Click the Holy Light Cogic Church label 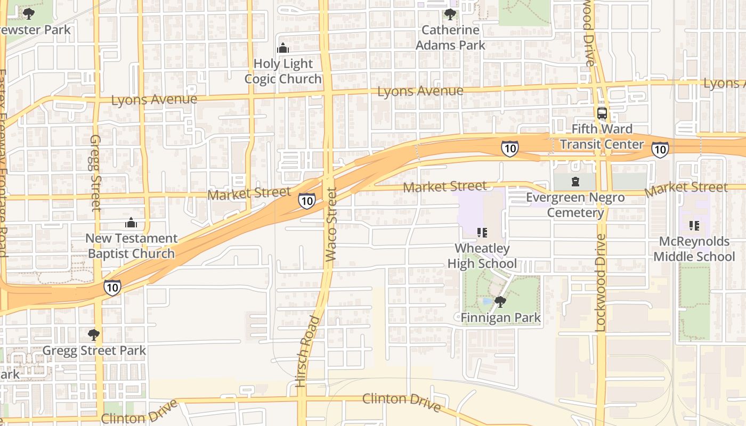[x=283, y=71]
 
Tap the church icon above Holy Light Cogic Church [x=283, y=48]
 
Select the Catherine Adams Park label [x=450, y=38]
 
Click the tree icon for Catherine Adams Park [x=450, y=14]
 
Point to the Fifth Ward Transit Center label [x=602, y=137]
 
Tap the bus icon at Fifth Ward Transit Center [x=602, y=113]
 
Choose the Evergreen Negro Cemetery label [x=575, y=205]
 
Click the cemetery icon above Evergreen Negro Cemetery [x=575, y=182]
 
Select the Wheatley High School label [x=482, y=256]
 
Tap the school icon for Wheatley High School [x=482, y=232]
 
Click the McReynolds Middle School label [x=694, y=249]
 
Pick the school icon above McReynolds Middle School [x=694, y=226]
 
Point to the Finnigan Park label [x=500, y=318]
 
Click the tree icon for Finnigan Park [x=500, y=302]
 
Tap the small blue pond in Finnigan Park [x=486, y=301]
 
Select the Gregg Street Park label [x=94, y=351]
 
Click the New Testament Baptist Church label [x=131, y=246]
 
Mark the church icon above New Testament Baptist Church [x=131, y=223]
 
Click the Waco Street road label [x=331, y=224]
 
